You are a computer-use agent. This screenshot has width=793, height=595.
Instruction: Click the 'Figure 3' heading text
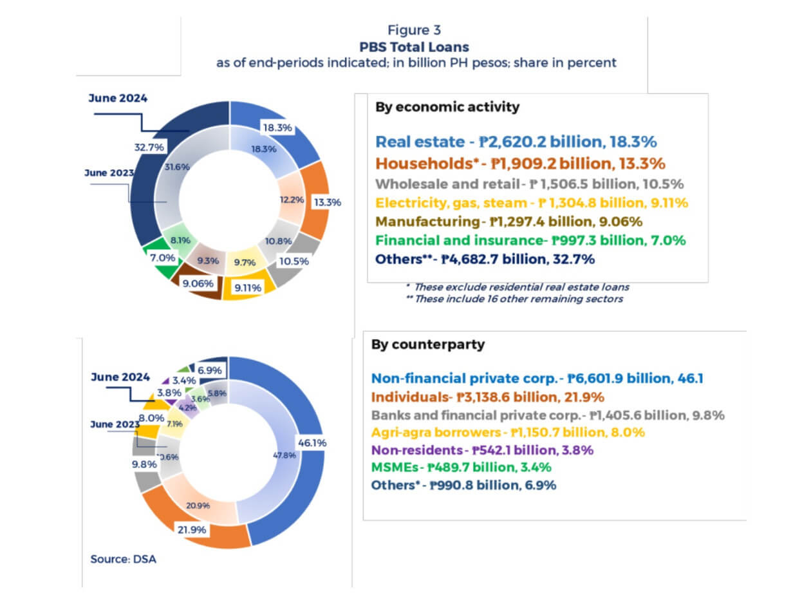414,30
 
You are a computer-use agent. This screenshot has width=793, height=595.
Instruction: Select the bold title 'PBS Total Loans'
414,47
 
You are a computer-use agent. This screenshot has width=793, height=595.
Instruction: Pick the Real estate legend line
516,142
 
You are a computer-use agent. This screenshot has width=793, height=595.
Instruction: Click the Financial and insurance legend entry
530,240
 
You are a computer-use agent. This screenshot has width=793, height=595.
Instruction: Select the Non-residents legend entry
482,450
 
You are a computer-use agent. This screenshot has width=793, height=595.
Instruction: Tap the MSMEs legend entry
461,467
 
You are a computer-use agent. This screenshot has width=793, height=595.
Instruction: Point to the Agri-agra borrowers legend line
508,432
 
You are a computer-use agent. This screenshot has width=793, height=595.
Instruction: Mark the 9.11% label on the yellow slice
248,288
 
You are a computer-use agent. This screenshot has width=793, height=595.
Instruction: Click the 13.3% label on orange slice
327,202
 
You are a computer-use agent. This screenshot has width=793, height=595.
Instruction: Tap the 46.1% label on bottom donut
311,443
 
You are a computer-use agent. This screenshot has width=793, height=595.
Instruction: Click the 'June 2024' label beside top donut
118,99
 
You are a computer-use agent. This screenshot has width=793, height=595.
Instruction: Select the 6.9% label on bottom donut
210,371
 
